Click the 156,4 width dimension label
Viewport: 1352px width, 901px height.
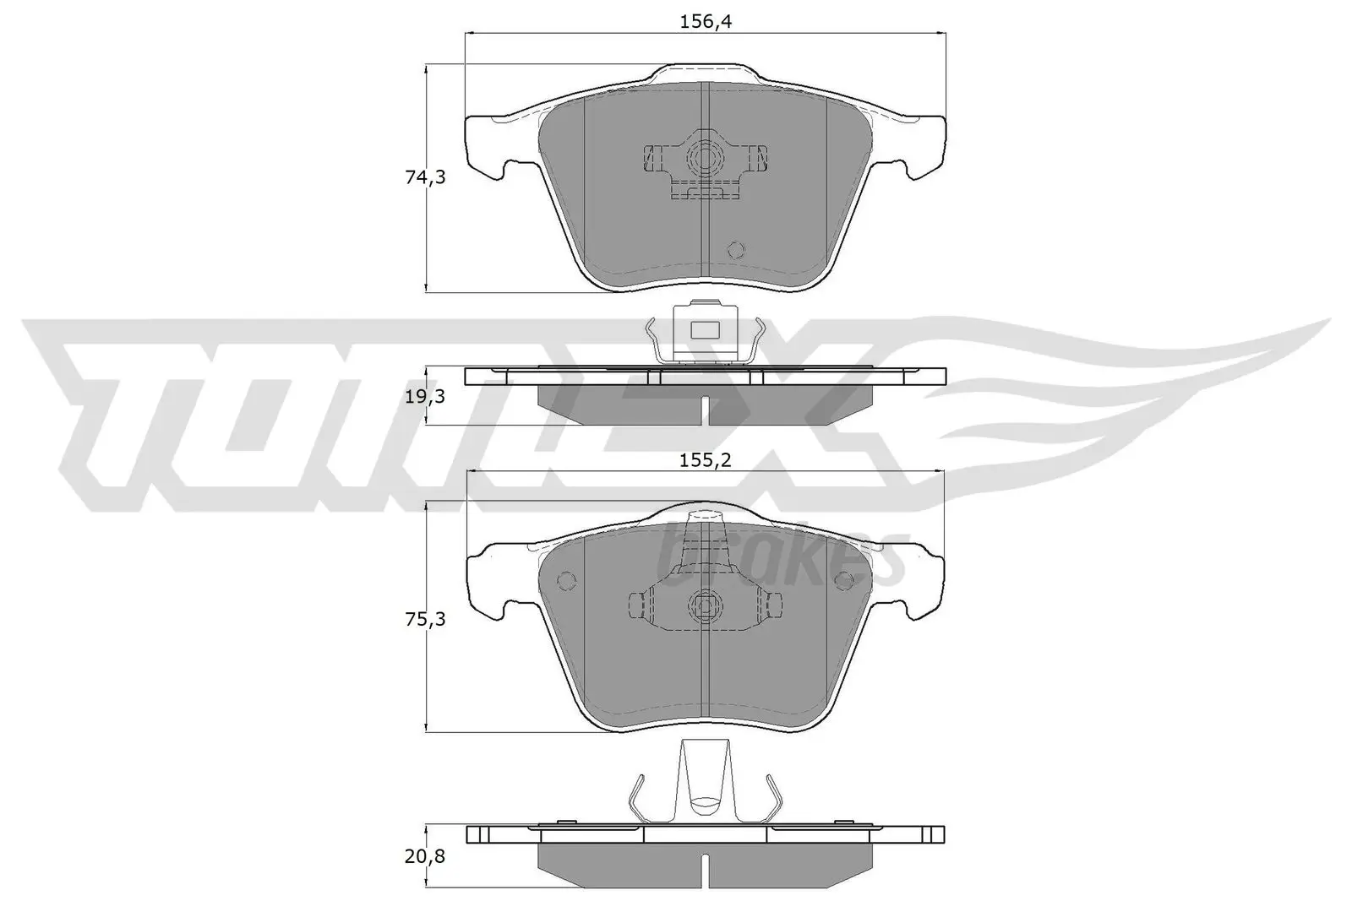(x=706, y=23)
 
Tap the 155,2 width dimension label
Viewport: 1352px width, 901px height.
(x=705, y=460)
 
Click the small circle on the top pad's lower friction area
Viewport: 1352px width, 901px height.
(x=735, y=250)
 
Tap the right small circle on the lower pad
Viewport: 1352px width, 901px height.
(x=843, y=581)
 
